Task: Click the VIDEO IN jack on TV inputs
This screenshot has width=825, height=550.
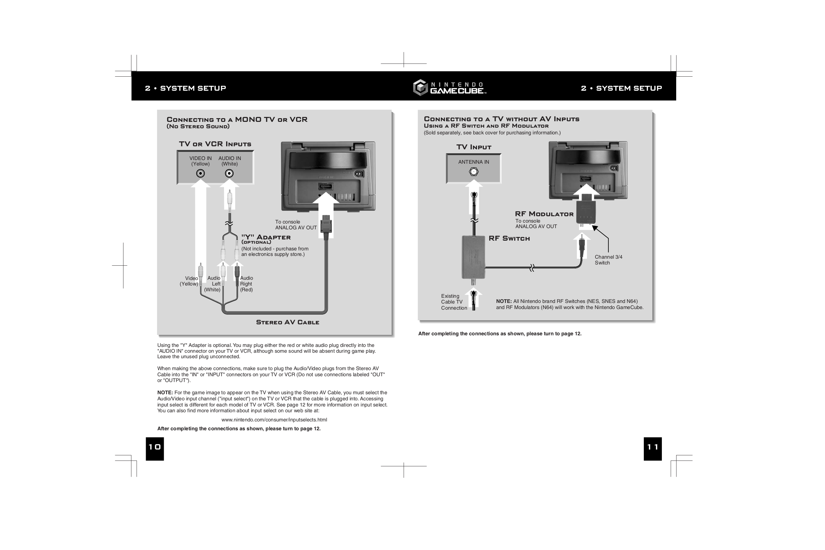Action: tap(200, 173)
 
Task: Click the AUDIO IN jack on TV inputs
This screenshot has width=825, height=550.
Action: tap(229, 173)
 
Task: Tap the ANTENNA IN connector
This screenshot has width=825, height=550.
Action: tap(474, 172)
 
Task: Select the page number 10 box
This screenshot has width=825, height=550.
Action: tap(155, 448)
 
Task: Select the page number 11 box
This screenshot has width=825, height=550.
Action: tap(652, 448)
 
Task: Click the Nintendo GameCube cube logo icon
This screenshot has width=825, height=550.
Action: tap(420, 88)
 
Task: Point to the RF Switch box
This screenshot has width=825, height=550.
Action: tap(473, 257)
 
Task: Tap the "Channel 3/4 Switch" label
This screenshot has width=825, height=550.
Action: tap(608, 260)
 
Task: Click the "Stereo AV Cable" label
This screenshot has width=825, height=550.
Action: tap(288, 322)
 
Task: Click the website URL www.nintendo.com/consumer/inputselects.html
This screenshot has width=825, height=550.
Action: tap(274, 420)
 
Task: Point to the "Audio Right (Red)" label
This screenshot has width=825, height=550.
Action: tap(246, 284)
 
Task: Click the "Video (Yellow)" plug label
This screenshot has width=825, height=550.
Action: tap(189, 281)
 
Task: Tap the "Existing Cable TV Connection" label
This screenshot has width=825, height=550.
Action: tap(454, 302)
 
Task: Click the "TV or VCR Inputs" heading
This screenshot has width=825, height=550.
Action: tap(215, 144)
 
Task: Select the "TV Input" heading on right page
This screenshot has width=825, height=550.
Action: tap(474, 147)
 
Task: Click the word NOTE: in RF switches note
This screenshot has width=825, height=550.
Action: tap(504, 301)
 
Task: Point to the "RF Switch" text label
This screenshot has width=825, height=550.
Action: tap(509, 239)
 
